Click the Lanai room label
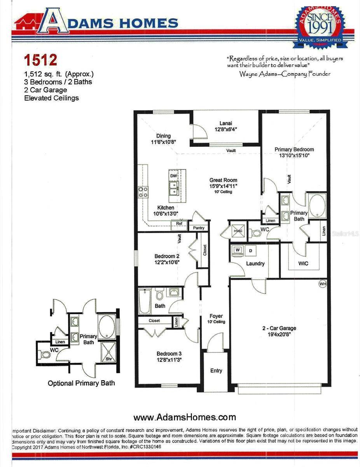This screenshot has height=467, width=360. tap(225, 122)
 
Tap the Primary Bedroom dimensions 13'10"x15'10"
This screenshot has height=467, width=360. tap(294, 156)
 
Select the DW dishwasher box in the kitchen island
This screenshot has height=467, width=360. tap(173, 176)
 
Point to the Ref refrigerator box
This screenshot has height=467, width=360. tap(179, 224)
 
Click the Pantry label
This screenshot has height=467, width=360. tap(199, 228)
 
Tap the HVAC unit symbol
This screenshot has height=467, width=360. tap(238, 230)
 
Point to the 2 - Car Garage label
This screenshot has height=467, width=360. tap(280, 328)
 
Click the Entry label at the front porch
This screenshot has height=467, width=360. tap(216, 370)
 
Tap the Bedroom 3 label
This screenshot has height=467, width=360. tap(169, 354)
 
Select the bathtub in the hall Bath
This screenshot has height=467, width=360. tap(145, 302)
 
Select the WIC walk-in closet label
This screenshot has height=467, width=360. tap(303, 263)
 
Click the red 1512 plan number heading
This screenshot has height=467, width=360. tap(40, 60)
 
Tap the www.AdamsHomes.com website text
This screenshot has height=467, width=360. tap(185, 417)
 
